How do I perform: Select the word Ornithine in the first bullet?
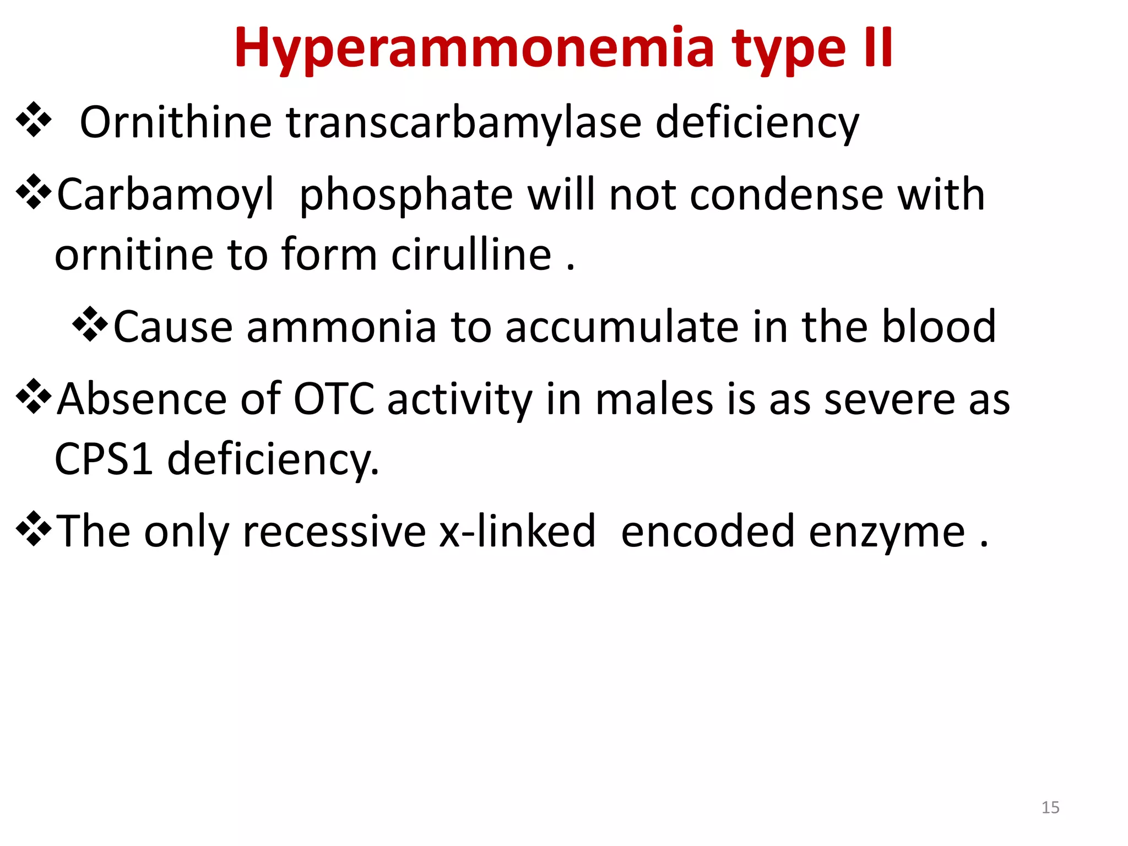coord(176,122)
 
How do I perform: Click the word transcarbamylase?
coord(464,122)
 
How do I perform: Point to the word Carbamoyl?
coord(166,195)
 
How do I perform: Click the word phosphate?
coord(406,195)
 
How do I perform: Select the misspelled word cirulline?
coord(471,255)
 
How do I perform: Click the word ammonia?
coord(341,327)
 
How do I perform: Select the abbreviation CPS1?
coord(104,459)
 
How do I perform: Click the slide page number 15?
coord(1050,807)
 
